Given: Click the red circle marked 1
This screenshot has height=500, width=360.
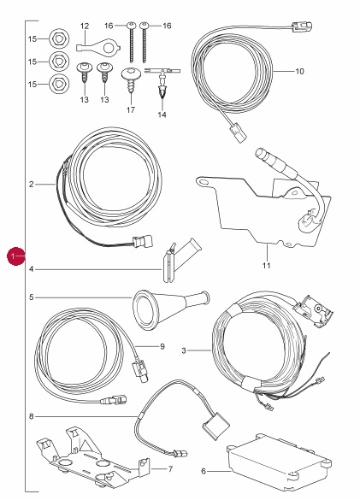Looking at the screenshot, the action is point(16,256).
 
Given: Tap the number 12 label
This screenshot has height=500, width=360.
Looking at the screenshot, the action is point(85,26).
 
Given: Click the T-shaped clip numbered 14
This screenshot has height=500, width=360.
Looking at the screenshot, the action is point(162,82).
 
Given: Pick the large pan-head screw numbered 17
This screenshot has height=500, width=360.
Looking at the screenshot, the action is point(131,79).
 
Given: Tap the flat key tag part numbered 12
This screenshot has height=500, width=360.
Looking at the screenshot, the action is point(98,46).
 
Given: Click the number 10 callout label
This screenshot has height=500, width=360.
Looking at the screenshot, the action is point(299,72).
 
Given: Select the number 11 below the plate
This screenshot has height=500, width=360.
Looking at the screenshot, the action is point(267,265).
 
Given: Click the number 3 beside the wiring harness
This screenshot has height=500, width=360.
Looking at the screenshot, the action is point(184,350).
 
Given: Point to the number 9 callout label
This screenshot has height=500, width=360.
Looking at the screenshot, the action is point(162,346).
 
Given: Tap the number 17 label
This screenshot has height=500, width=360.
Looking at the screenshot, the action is point(131,110).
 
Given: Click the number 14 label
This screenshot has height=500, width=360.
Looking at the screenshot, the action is point(162,115).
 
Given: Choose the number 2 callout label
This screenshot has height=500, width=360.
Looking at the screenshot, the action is point(32,185).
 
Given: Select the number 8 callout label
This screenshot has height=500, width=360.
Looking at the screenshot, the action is point(32,416).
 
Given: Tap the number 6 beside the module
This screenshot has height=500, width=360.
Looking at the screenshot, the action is point(204,471).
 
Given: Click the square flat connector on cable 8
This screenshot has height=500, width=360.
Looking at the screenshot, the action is point(215,426).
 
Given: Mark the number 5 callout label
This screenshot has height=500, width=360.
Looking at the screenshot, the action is point(32,297).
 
